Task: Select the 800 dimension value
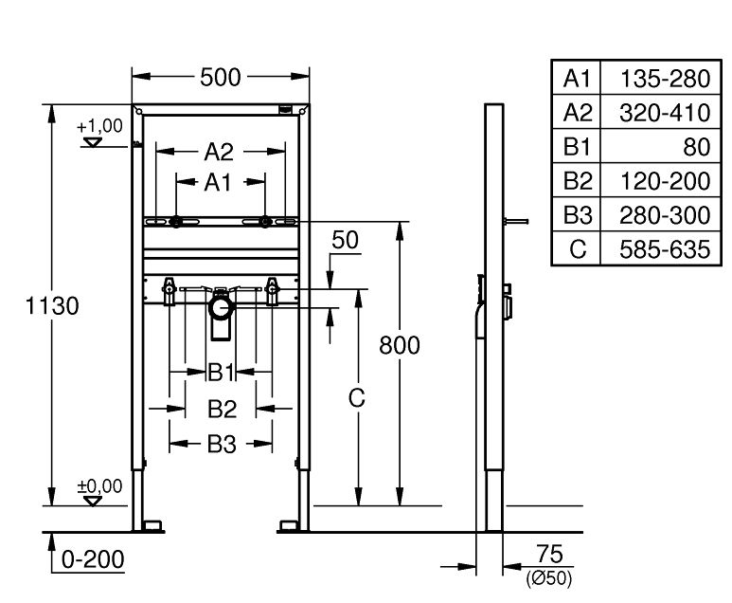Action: (x=399, y=345)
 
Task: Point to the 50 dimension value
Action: (x=346, y=240)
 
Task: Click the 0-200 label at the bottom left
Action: (x=93, y=559)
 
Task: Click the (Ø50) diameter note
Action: (x=548, y=576)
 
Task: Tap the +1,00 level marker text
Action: (x=99, y=125)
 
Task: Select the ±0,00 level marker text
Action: (x=99, y=486)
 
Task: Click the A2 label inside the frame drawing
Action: (x=219, y=151)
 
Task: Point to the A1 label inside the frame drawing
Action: (x=219, y=182)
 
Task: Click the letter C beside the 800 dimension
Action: (x=356, y=399)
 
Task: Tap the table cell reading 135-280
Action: (x=664, y=79)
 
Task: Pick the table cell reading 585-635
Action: (x=664, y=250)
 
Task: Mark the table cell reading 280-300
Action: (x=664, y=216)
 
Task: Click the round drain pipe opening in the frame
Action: (x=221, y=307)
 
